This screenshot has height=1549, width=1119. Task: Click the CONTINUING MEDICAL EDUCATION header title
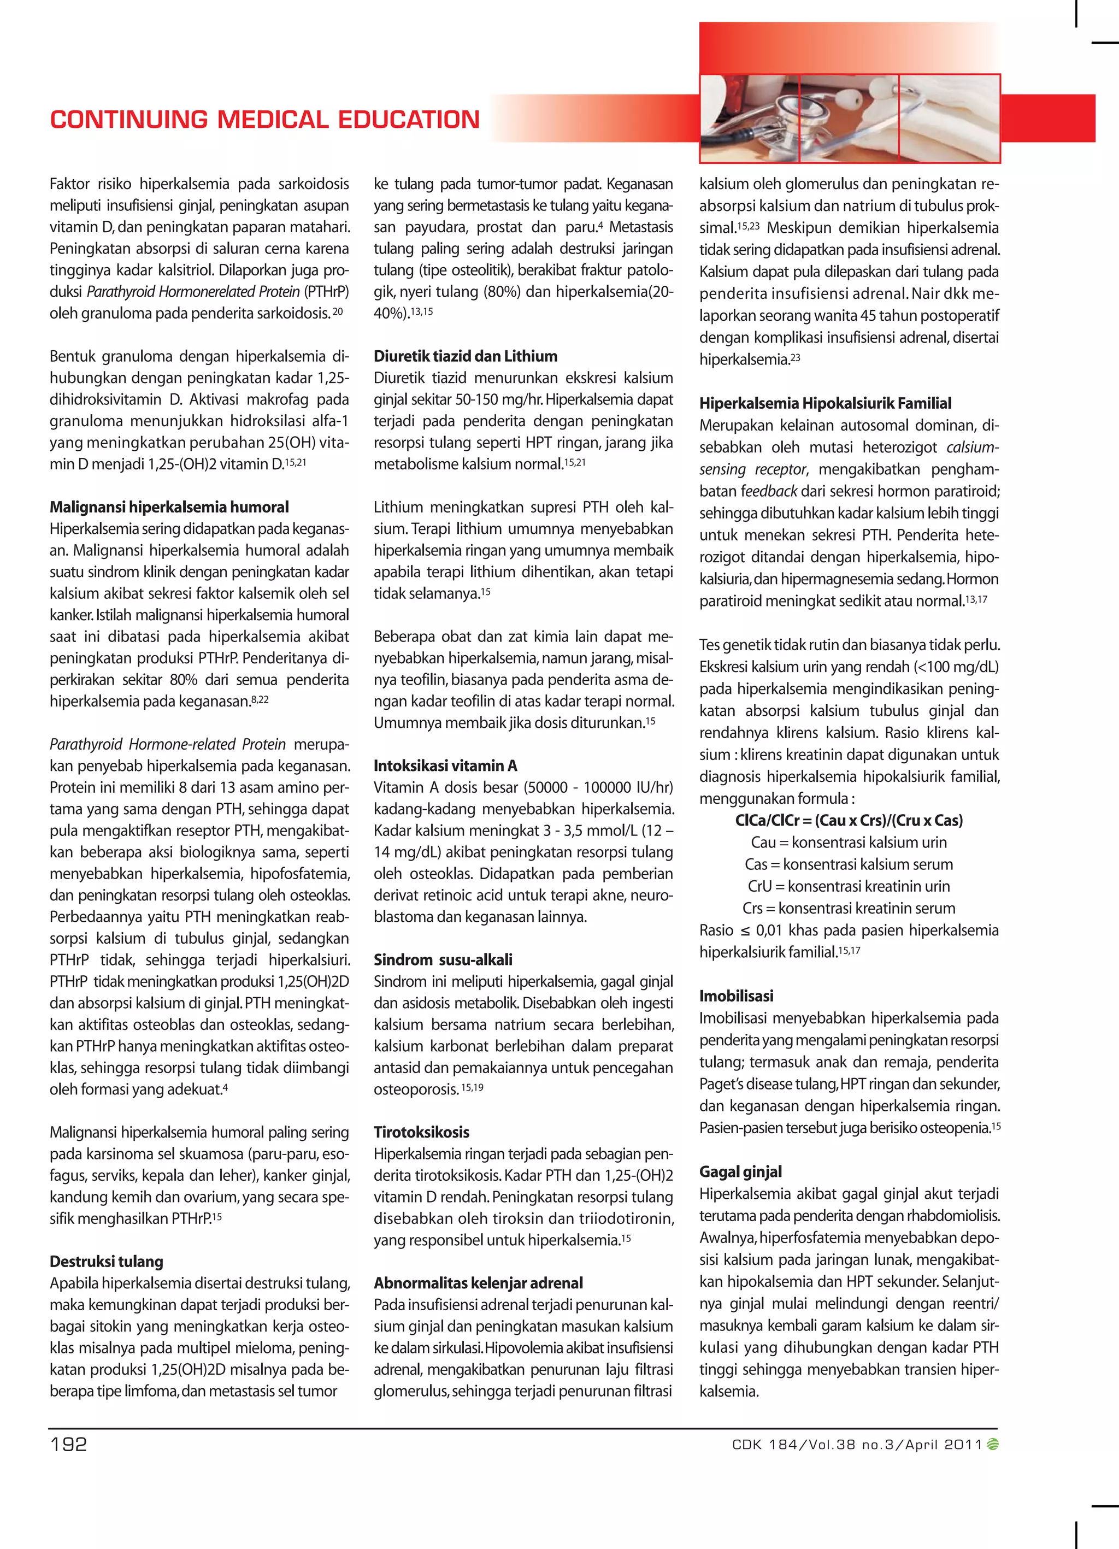[x=264, y=120]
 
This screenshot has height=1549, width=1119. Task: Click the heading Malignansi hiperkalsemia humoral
[x=169, y=507]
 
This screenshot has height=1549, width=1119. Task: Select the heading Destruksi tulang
[x=106, y=1262]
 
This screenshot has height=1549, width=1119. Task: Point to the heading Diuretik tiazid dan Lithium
[x=465, y=356]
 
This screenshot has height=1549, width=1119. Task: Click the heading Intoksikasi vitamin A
[x=445, y=765]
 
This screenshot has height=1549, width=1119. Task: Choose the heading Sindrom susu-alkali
[x=443, y=959]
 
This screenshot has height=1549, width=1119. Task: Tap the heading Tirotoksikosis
[x=421, y=1132]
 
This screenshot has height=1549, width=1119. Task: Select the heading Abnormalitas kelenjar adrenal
[x=478, y=1283]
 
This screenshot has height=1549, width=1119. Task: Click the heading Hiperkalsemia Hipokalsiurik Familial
[x=824, y=403]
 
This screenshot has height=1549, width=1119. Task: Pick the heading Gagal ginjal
[x=740, y=1172]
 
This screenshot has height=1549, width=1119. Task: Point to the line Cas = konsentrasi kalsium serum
[x=849, y=864]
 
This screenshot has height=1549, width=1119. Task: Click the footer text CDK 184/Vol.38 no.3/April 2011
[x=857, y=1445]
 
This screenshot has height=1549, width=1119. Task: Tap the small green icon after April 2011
[x=993, y=1445]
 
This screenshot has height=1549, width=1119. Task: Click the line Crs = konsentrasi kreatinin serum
[x=849, y=908]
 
